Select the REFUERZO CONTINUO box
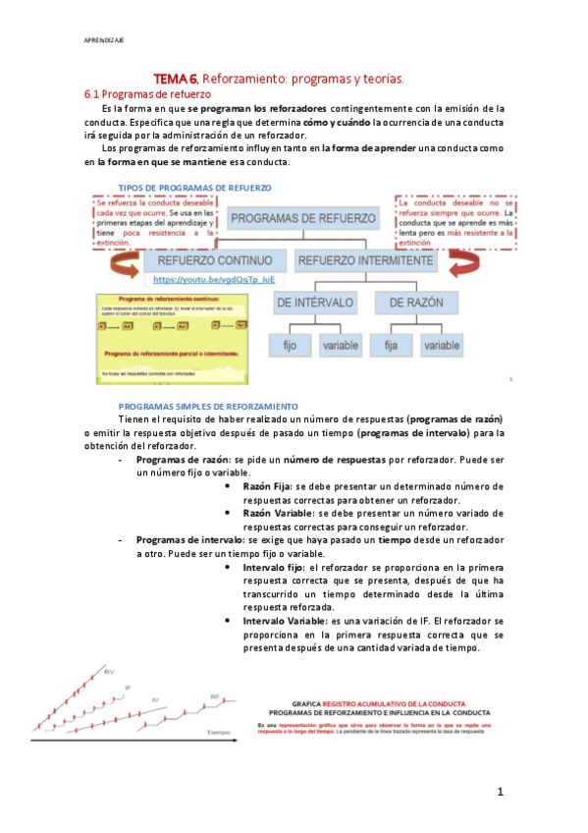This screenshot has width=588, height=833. [x=207, y=261]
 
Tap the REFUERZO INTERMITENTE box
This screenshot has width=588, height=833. [x=364, y=261]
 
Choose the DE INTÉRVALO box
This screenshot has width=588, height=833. [x=315, y=304]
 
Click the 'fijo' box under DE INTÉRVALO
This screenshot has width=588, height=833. [x=291, y=345]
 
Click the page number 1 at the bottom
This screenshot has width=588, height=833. [x=500, y=791]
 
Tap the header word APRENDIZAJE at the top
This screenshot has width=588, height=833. [x=103, y=40]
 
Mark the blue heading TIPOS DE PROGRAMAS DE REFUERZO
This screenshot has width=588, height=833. [x=194, y=187]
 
